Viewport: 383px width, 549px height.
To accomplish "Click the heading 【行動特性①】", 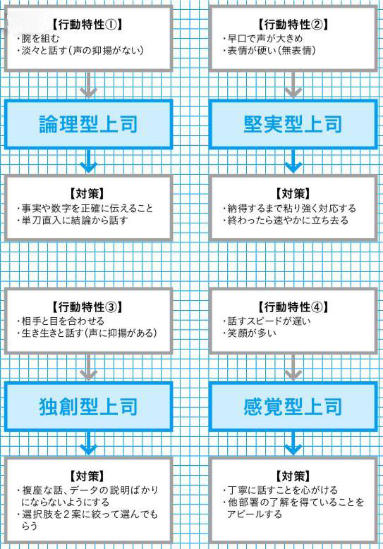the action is (x=88, y=25).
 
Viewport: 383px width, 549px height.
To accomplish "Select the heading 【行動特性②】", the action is (x=293, y=25).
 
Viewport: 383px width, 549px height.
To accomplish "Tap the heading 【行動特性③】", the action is (x=88, y=307).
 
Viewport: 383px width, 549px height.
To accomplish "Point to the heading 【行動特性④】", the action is (x=293, y=307).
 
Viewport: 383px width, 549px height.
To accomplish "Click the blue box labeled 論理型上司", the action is (x=88, y=124).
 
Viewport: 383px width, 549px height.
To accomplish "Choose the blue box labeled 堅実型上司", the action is (x=293, y=124).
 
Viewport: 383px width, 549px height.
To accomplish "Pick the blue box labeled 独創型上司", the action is (x=88, y=407).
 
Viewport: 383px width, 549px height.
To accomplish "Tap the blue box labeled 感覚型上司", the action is (x=293, y=407).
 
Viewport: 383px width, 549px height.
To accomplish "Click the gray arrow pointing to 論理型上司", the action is (x=88, y=85).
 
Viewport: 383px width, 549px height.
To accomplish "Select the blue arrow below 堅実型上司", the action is (x=293, y=161).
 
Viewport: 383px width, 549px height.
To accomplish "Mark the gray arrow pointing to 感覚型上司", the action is (x=293, y=368).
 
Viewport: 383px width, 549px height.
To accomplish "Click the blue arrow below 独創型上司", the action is (x=88, y=443).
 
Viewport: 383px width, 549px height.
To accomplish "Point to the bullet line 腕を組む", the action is (x=38, y=39).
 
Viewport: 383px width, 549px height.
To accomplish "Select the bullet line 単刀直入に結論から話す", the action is (x=72, y=221).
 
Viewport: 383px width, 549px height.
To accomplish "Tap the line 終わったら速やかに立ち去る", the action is (x=286, y=221).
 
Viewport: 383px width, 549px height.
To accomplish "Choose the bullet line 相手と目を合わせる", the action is (x=60, y=321).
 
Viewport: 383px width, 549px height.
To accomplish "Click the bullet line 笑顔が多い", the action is (x=249, y=333).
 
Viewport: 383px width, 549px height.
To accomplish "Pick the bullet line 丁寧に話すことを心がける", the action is (x=280, y=491).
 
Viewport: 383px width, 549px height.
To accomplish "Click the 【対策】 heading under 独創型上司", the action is (x=88, y=476).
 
